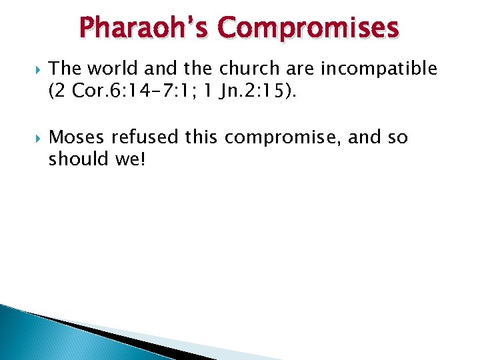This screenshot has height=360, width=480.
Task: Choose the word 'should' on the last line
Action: pos(75,159)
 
